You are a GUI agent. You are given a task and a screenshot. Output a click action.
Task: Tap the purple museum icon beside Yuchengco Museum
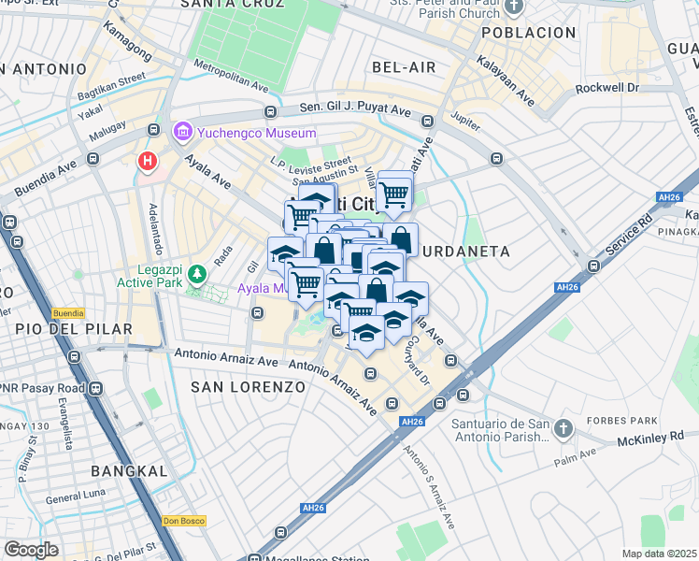(181, 134)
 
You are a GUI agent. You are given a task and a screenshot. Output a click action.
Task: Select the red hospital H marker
(147, 162)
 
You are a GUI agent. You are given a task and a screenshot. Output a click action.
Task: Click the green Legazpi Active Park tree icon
(196, 273)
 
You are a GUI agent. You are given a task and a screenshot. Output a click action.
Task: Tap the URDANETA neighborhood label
(466, 252)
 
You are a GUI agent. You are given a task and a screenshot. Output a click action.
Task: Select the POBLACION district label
(529, 33)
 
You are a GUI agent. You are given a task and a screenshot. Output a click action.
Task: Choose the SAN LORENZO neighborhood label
(248, 386)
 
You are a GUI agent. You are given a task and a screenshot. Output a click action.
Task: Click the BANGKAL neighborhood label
(131, 470)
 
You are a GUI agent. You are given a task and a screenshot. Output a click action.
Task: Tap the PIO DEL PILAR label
(64, 328)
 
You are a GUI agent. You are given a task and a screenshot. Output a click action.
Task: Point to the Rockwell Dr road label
(606, 88)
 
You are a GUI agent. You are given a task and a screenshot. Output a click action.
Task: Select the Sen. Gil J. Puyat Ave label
(355, 109)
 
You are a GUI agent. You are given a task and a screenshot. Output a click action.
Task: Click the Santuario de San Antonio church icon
(563, 428)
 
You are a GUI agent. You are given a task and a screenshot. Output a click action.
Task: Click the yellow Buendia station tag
(68, 313)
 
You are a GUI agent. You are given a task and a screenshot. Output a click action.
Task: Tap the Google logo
(31, 550)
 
